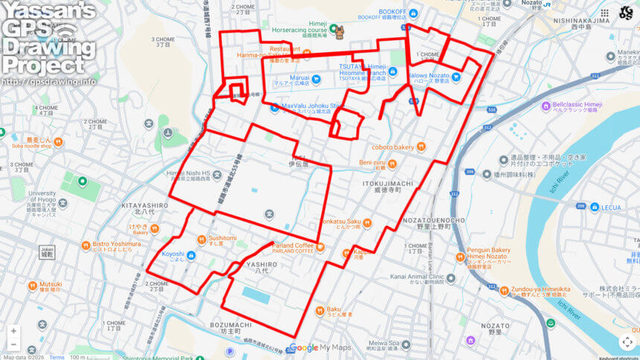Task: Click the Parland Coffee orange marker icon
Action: pos(320,246)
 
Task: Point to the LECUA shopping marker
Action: pos(595,208)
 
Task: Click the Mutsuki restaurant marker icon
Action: pos(32,286)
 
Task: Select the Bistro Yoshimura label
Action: pos(116,245)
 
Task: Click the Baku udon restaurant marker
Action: pos(319,309)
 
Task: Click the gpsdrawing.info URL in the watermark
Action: pos(48,81)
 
